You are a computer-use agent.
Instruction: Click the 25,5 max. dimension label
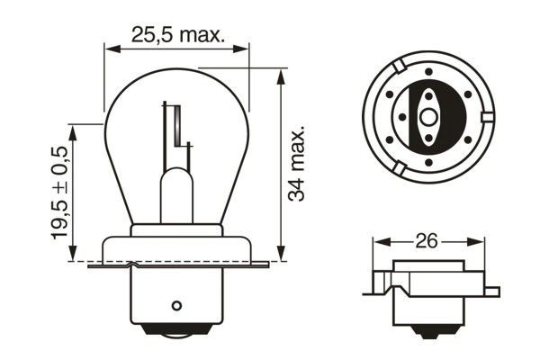pyautogui.click(x=176, y=37)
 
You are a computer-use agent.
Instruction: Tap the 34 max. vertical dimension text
pyautogui.click(x=300, y=166)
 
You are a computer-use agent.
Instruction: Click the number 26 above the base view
pyautogui.click(x=425, y=242)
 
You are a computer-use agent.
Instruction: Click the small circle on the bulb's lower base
pyautogui.click(x=177, y=303)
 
